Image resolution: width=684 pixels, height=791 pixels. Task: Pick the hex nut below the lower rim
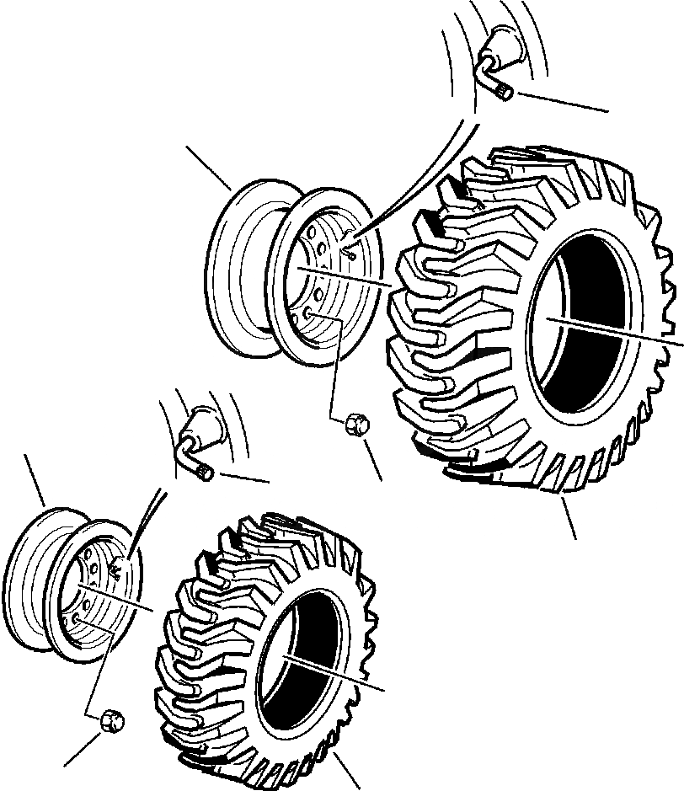coord(110,720)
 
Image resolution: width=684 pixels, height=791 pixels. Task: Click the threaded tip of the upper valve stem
coord(505,92)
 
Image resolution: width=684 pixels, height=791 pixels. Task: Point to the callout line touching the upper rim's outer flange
coord(208,166)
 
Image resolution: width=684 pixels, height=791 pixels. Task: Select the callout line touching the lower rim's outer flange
coord(35,480)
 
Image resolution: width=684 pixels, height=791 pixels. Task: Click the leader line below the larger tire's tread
coord(568,518)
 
